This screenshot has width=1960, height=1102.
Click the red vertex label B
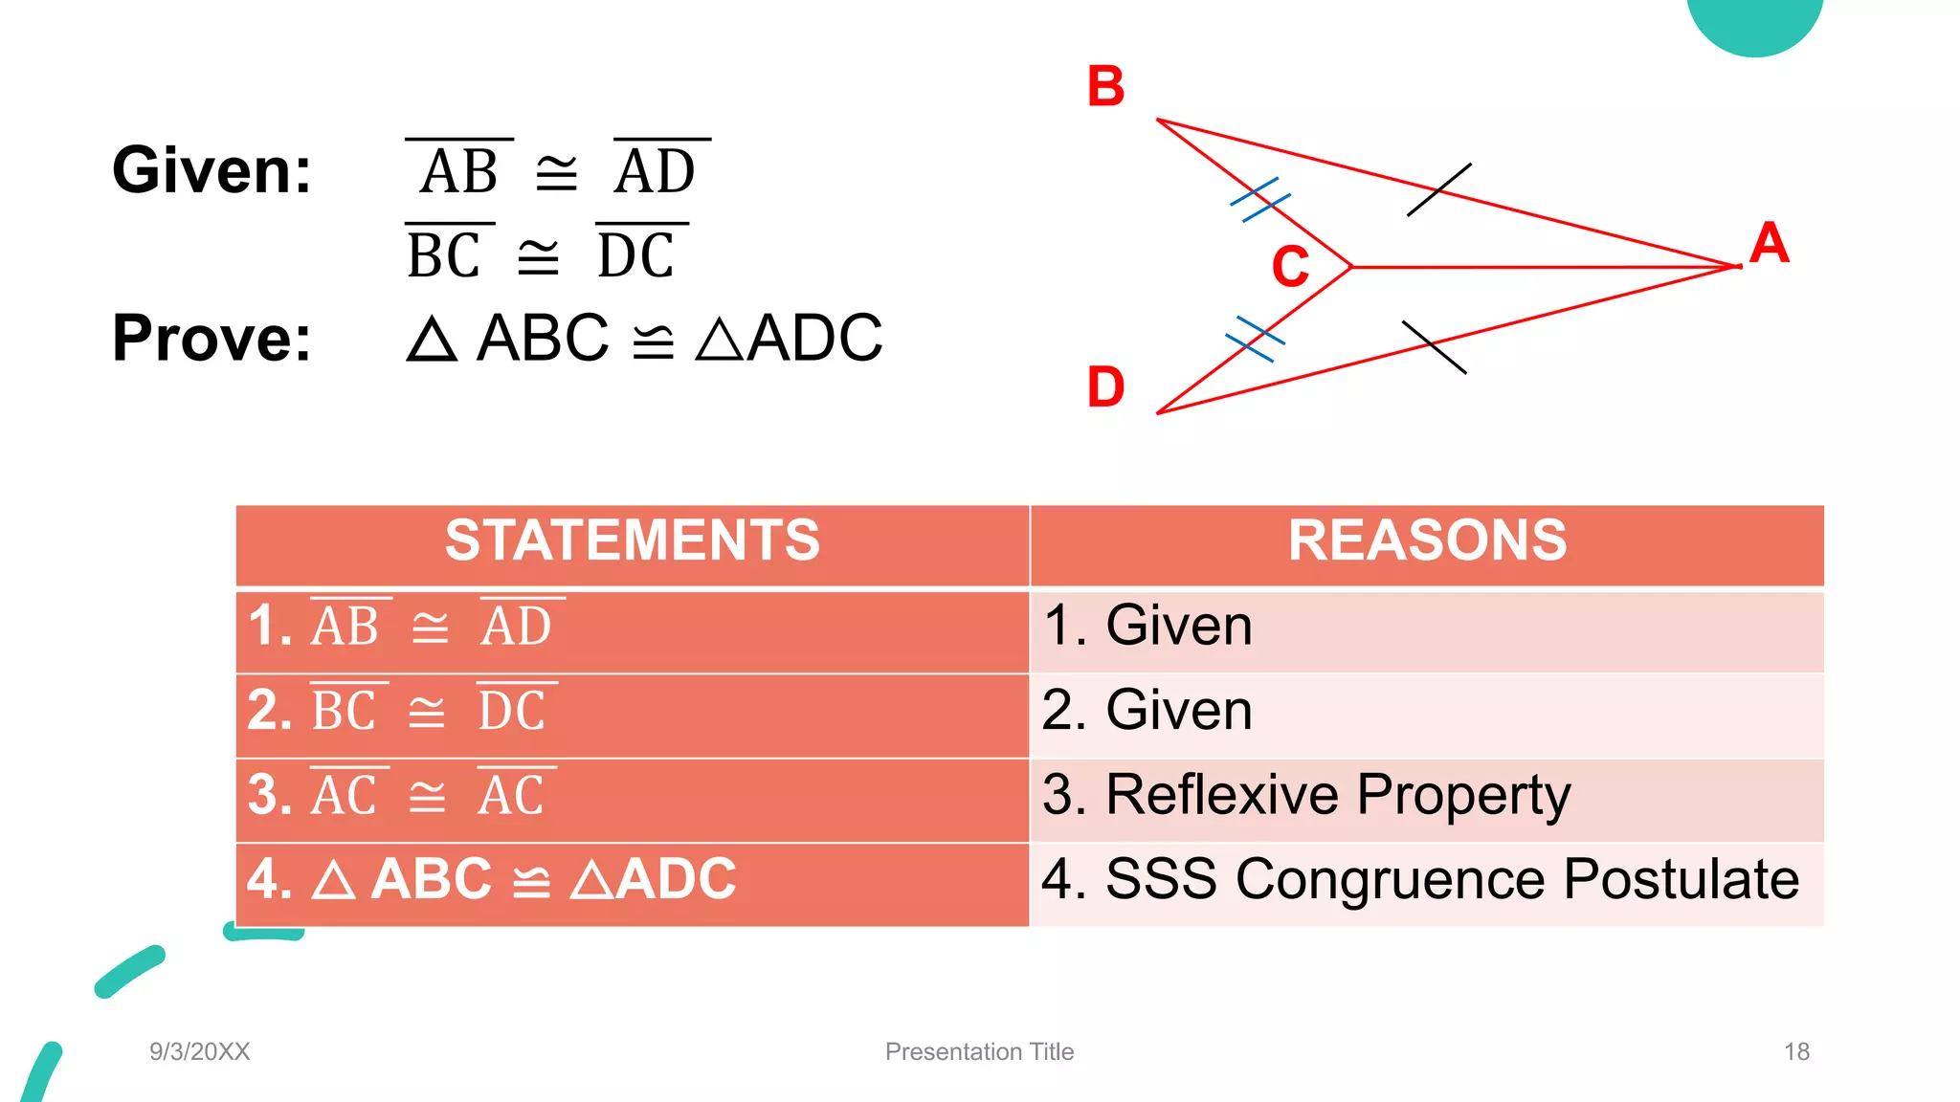tap(1105, 87)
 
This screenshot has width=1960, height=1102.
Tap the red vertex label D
tap(1105, 387)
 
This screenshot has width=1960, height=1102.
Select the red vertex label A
tap(1769, 243)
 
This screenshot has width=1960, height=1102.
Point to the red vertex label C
tap(1290, 267)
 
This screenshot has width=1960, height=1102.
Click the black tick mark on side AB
tap(1438, 189)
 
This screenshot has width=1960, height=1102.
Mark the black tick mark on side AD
tap(1434, 346)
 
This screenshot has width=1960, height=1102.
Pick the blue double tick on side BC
tap(1260, 200)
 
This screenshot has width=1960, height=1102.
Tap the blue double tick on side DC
tap(1255, 339)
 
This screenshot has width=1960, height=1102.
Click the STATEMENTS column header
tap(632, 540)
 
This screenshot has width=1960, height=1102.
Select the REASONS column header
tap(1427, 540)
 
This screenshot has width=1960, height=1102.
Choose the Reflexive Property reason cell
tap(1306, 796)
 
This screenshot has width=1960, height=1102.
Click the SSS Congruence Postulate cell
tap(1420, 880)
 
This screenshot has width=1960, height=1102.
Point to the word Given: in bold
tap(212, 170)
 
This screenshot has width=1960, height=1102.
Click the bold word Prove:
tap(212, 338)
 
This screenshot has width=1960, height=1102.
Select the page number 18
tap(1796, 1052)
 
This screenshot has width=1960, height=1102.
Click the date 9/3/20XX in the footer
tap(199, 1052)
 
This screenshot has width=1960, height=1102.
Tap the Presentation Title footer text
tap(979, 1052)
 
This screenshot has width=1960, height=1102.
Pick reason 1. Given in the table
tap(1147, 627)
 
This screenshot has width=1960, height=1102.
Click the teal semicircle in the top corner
tap(1754, 24)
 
